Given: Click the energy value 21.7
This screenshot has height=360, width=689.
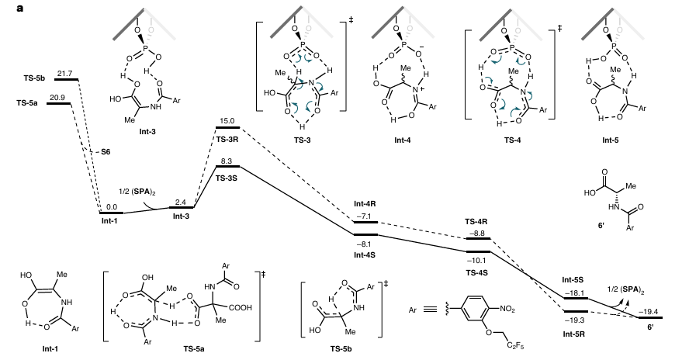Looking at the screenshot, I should pyautogui.click(x=64, y=72).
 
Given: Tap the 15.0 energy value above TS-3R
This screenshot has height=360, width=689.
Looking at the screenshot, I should pyautogui.click(x=227, y=120).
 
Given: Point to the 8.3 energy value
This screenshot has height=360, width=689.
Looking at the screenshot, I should pyautogui.click(x=227, y=161).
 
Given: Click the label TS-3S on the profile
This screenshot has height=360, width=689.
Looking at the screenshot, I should pyautogui.click(x=227, y=178).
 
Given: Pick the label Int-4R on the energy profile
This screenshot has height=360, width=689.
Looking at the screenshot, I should pyautogui.click(x=365, y=206).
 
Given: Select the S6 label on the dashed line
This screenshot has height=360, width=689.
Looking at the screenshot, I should pyautogui.click(x=106, y=151).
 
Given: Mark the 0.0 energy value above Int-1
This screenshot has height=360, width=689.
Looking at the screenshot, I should pyautogui.click(x=112, y=207).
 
